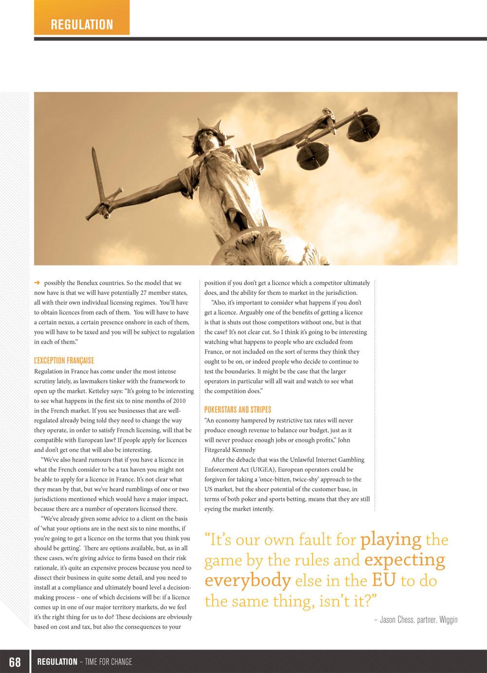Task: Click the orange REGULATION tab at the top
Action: pyautogui.click(x=82, y=24)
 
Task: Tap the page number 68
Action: pyautogui.click(x=15, y=662)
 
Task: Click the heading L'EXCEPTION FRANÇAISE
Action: pyautogui.click(x=64, y=361)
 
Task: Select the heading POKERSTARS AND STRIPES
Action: pyautogui.click(x=238, y=410)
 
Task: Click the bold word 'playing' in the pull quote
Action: pyautogui.click(x=391, y=539)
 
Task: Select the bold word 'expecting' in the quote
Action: pyautogui.click(x=404, y=560)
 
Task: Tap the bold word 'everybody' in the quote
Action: pyautogui.click(x=247, y=580)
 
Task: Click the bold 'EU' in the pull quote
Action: pyautogui.click(x=383, y=580)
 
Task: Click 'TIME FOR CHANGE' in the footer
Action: pyautogui.click(x=108, y=662)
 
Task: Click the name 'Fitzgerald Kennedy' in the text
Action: pyautogui.click(x=229, y=450)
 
